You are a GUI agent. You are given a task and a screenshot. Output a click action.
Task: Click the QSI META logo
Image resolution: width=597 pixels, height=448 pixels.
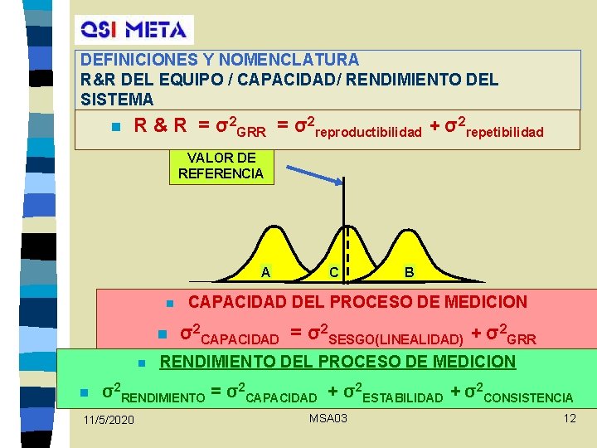133,29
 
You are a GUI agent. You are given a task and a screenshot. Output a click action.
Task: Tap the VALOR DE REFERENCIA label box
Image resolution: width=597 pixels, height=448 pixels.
221,166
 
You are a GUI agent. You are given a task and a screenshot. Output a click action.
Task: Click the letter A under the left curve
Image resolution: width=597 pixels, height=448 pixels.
265,272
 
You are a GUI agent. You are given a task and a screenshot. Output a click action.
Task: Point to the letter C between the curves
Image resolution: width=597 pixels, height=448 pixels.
332,272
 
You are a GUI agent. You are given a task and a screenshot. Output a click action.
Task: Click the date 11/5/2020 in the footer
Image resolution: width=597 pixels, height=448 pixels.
109,421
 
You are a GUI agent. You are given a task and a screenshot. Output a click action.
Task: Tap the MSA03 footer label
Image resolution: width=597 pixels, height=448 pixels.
328,417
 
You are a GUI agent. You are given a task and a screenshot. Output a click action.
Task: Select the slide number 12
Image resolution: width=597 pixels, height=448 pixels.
569,417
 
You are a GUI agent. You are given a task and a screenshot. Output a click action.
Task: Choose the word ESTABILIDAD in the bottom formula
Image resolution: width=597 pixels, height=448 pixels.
402,398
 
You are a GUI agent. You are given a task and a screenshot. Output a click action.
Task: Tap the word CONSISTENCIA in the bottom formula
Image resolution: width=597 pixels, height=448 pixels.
528,398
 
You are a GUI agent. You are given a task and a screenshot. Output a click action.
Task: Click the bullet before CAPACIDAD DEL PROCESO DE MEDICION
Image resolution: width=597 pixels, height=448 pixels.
167,303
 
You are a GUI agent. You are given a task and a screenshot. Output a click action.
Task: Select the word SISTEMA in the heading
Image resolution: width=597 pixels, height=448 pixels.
118,100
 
